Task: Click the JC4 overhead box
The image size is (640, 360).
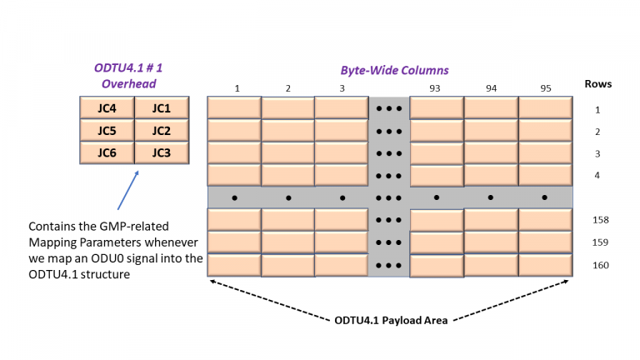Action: pos(106,107)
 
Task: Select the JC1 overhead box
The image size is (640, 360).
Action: pos(161,107)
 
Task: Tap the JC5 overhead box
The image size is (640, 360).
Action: pos(106,130)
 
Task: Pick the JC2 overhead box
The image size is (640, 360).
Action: pos(161,130)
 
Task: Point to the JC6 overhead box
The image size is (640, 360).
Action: pos(106,152)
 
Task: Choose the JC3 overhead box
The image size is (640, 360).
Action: pos(161,152)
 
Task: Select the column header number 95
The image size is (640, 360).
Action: pos(545,87)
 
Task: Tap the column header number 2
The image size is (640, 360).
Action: pos(288,87)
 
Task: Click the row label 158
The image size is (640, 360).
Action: pos(598,220)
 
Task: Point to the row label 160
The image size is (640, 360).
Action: pos(598,265)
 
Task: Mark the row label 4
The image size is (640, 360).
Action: pos(597,175)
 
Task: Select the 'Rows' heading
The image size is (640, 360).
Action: pos(597,84)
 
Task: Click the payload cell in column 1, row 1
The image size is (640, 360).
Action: pos(233,107)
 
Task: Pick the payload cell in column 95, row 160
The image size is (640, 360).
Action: pos(545,265)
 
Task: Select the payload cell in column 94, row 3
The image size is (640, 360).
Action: pos(491,152)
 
